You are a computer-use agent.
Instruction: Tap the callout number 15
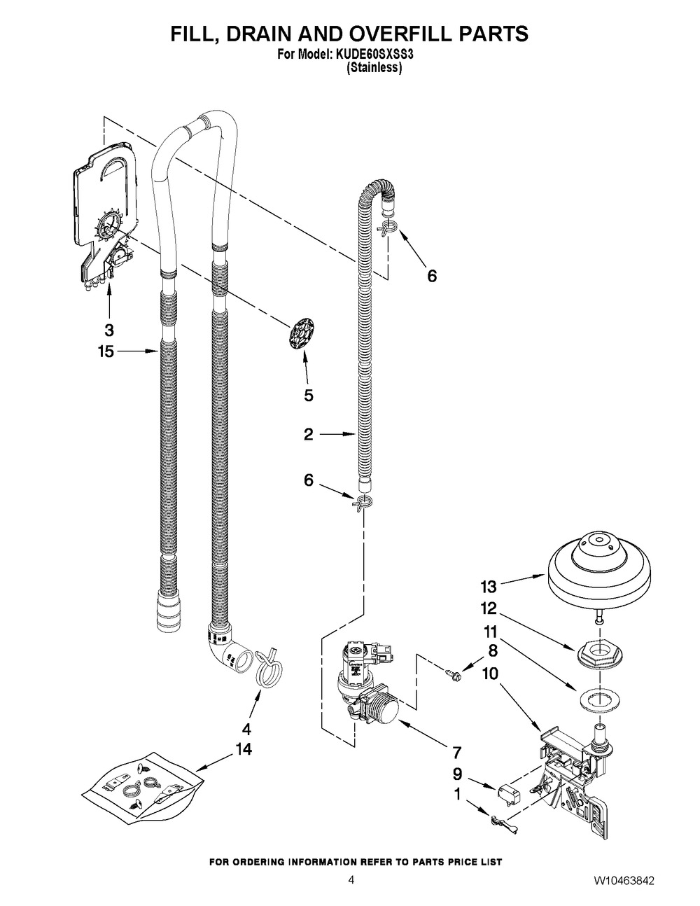click(106, 351)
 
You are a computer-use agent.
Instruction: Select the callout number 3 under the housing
click(108, 330)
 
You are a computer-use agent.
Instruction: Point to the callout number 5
click(308, 396)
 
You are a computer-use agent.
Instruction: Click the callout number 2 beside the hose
click(308, 435)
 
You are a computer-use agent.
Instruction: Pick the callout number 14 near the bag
click(244, 749)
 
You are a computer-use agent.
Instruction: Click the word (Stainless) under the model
click(374, 67)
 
